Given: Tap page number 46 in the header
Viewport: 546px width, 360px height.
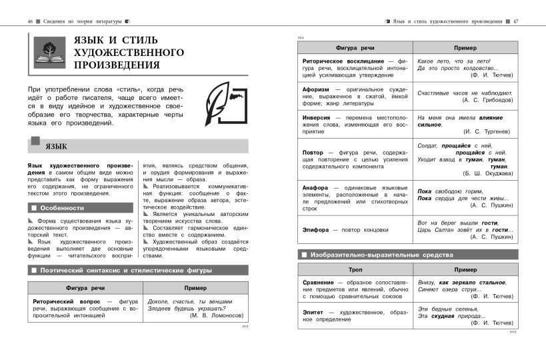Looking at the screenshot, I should tap(31, 22).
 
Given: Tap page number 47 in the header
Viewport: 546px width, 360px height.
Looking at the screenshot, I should tap(515, 22).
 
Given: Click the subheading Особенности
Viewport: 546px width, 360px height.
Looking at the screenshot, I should tap(61, 208).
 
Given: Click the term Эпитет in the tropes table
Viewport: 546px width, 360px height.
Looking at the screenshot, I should tap(316, 311).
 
